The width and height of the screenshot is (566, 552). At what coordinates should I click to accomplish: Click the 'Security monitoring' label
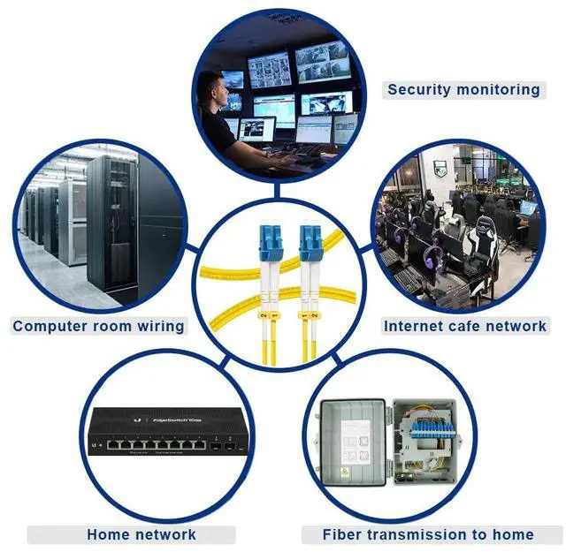(x=463, y=89)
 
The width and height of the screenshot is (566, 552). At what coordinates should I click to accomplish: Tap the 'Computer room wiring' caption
(x=98, y=326)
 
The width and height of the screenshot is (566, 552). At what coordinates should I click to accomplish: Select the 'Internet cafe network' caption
(x=464, y=326)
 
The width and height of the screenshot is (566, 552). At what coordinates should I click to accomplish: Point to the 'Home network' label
(x=141, y=534)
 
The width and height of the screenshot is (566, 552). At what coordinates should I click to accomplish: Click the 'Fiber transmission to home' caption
(x=427, y=534)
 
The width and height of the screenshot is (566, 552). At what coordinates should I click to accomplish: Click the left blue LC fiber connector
(x=271, y=241)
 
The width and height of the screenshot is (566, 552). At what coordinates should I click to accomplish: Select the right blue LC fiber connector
(x=310, y=241)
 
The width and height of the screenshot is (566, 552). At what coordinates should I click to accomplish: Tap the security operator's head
(x=210, y=87)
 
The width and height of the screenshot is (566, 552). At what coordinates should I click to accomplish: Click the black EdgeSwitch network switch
(x=166, y=432)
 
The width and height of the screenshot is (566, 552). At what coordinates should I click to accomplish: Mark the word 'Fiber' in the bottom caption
(x=341, y=534)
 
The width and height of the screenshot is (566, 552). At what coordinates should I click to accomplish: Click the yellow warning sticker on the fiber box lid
(x=344, y=472)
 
